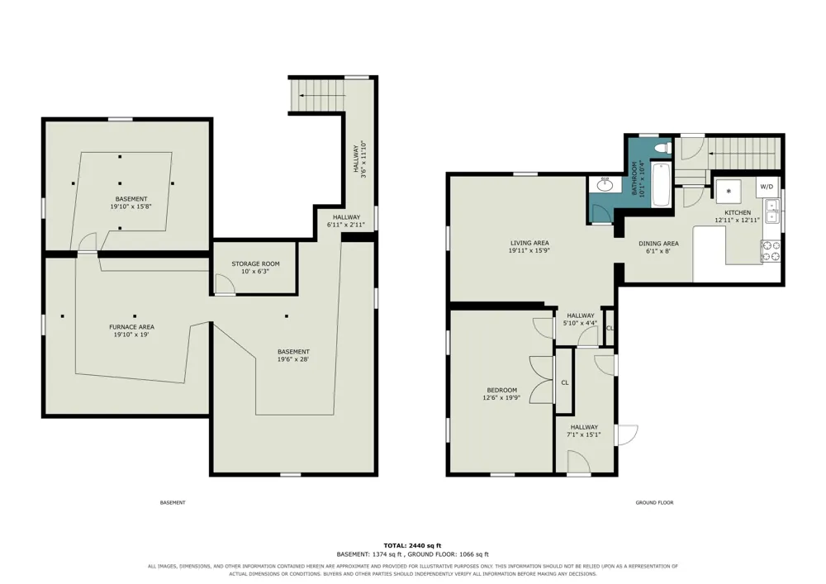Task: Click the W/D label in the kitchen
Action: [767, 187]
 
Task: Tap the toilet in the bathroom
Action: [662, 149]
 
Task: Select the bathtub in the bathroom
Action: [661, 184]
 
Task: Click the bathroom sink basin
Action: [605, 185]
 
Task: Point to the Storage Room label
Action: [255, 264]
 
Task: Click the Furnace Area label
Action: [131, 327]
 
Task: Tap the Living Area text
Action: [529, 244]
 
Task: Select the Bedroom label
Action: [501, 390]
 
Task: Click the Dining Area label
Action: [658, 244]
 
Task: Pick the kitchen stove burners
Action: [771, 250]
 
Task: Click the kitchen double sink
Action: [772, 211]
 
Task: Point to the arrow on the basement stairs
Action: [322, 95]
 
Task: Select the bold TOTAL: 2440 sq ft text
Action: [412, 545]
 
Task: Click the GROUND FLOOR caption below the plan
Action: [654, 503]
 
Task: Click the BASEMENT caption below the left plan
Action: [173, 503]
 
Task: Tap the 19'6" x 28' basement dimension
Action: [293, 359]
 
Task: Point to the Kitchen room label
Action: [738, 213]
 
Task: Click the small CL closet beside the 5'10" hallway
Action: [610, 328]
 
